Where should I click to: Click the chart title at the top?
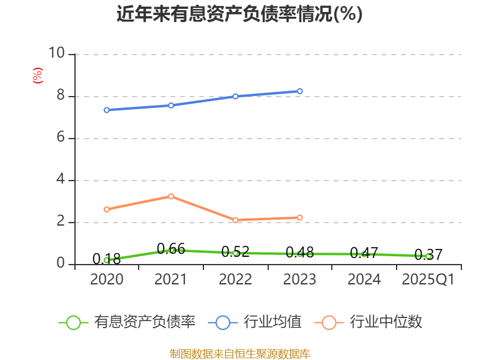click(239, 14)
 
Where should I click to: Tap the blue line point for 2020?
click(106, 110)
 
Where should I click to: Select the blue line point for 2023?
click(300, 91)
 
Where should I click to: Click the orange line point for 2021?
click(171, 196)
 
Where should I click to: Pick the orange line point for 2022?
click(235, 220)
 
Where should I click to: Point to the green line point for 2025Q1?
click(428, 256)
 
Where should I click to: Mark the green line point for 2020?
click(106, 260)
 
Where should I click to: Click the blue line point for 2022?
click(235, 96)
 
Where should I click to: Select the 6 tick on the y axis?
click(60, 138)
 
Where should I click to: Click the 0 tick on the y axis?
click(60, 264)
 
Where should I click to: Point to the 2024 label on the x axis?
click(364, 280)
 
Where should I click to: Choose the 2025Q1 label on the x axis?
click(428, 280)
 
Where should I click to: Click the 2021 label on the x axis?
click(171, 280)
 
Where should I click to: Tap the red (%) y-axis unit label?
click(38, 76)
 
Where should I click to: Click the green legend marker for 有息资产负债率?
click(73, 322)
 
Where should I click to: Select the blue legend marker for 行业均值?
click(223, 322)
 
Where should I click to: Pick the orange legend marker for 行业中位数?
click(329, 322)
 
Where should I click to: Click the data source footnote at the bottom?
click(239, 353)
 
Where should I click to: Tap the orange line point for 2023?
click(300, 217)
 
